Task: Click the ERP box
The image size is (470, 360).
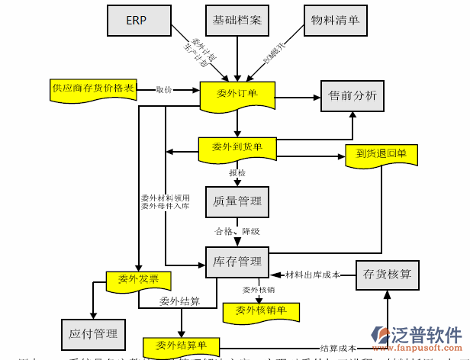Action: click(x=137, y=21)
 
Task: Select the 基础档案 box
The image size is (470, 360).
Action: click(x=237, y=21)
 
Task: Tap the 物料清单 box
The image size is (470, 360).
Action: click(x=334, y=21)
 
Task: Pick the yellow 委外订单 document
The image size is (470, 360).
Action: click(x=237, y=95)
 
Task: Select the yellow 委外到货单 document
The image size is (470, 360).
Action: click(x=237, y=148)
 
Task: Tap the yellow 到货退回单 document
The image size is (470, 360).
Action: click(x=381, y=155)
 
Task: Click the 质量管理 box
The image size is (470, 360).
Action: click(x=237, y=201)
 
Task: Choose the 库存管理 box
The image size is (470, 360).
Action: click(x=237, y=262)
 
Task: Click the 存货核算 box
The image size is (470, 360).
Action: click(x=388, y=274)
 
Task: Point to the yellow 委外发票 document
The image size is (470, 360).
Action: click(x=138, y=281)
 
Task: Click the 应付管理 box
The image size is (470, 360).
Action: click(x=93, y=333)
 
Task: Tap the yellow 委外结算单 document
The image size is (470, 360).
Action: click(x=181, y=345)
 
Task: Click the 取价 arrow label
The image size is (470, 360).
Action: click(x=164, y=89)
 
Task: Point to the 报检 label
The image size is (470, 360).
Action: click(x=237, y=173)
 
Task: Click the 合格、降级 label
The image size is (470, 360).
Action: click(x=237, y=230)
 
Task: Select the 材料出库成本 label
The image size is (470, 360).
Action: click(x=312, y=274)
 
